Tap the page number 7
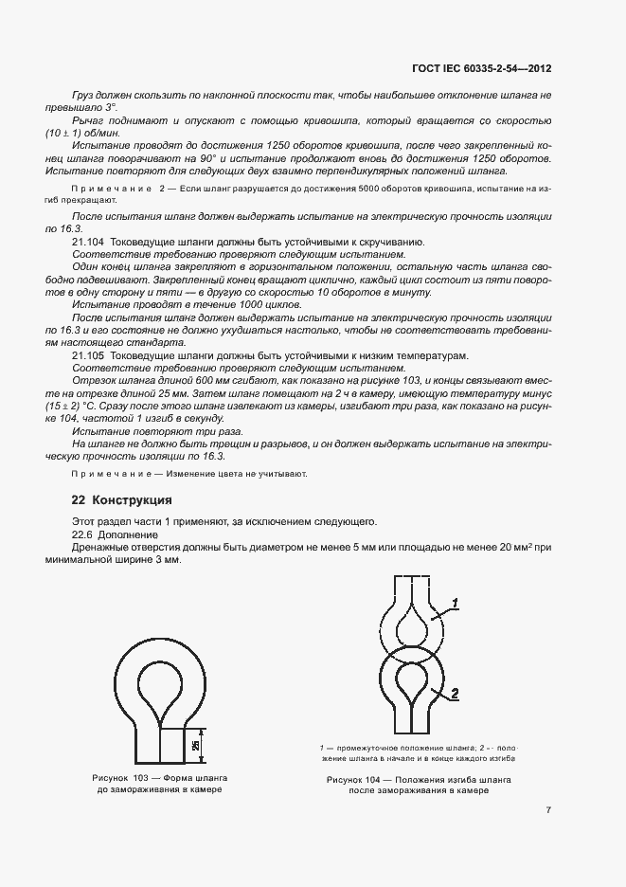[x=549, y=810]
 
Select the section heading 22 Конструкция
[x=121, y=499]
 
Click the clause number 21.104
[x=89, y=244]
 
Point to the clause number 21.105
[x=89, y=353]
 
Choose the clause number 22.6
[x=84, y=534]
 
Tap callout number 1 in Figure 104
[x=455, y=603]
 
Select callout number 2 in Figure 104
[x=455, y=694]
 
